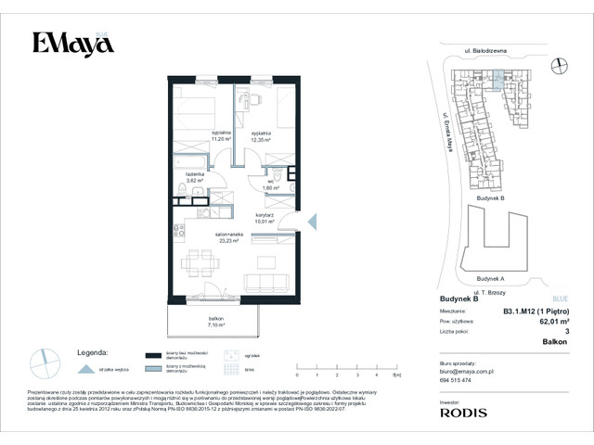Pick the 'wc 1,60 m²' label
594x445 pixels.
point(270,184)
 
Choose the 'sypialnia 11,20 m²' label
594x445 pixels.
point(221,136)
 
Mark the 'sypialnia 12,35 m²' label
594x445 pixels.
point(260,136)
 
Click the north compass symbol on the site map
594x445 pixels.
point(558,65)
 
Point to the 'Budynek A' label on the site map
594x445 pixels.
point(489,278)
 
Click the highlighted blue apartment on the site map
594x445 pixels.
point(499,84)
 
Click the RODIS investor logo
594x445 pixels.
point(466,411)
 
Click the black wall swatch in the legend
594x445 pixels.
point(152,355)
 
